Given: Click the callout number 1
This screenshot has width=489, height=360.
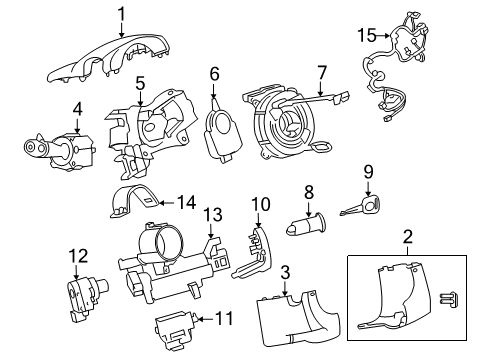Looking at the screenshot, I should point(121,13).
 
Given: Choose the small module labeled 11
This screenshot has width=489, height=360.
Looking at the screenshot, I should point(177,325).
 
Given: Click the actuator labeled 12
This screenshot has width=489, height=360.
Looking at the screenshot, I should point(88,296).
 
